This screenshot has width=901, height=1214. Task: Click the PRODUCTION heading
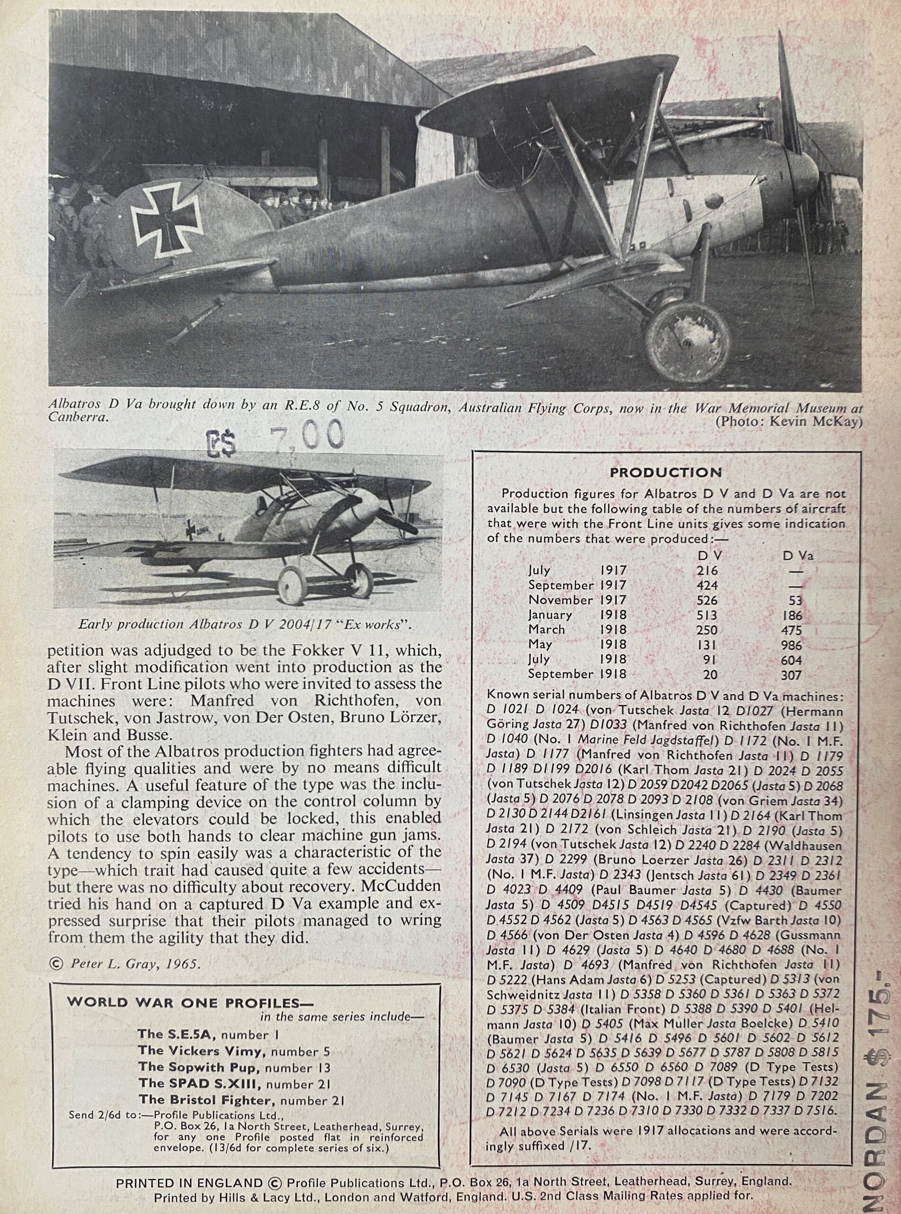pos(665,472)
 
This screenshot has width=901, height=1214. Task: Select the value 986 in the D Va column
pos(791,645)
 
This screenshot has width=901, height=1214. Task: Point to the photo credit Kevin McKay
pos(789,422)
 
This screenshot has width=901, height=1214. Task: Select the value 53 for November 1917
pos(795,600)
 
